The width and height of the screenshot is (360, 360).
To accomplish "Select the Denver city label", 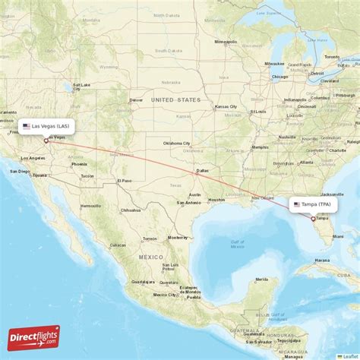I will point(136,99).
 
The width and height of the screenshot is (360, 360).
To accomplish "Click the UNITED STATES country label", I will point(175,99).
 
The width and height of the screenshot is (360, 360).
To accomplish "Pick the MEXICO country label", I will point(151,257).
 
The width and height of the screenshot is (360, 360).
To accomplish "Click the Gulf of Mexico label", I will point(238,245).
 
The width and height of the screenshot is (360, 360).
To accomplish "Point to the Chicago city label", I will point(279,77).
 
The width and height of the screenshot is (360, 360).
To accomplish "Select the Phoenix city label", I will point(79,163).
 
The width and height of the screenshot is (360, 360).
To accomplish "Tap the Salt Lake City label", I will point(81,85).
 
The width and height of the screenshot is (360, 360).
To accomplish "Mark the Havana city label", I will point(322,260).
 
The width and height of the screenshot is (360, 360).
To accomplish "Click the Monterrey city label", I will point(177,237).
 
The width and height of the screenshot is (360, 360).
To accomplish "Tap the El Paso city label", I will point(125,180).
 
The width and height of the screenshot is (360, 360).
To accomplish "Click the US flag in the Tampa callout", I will point(297,204).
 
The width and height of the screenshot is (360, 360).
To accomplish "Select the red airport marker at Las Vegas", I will point(46,140).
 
